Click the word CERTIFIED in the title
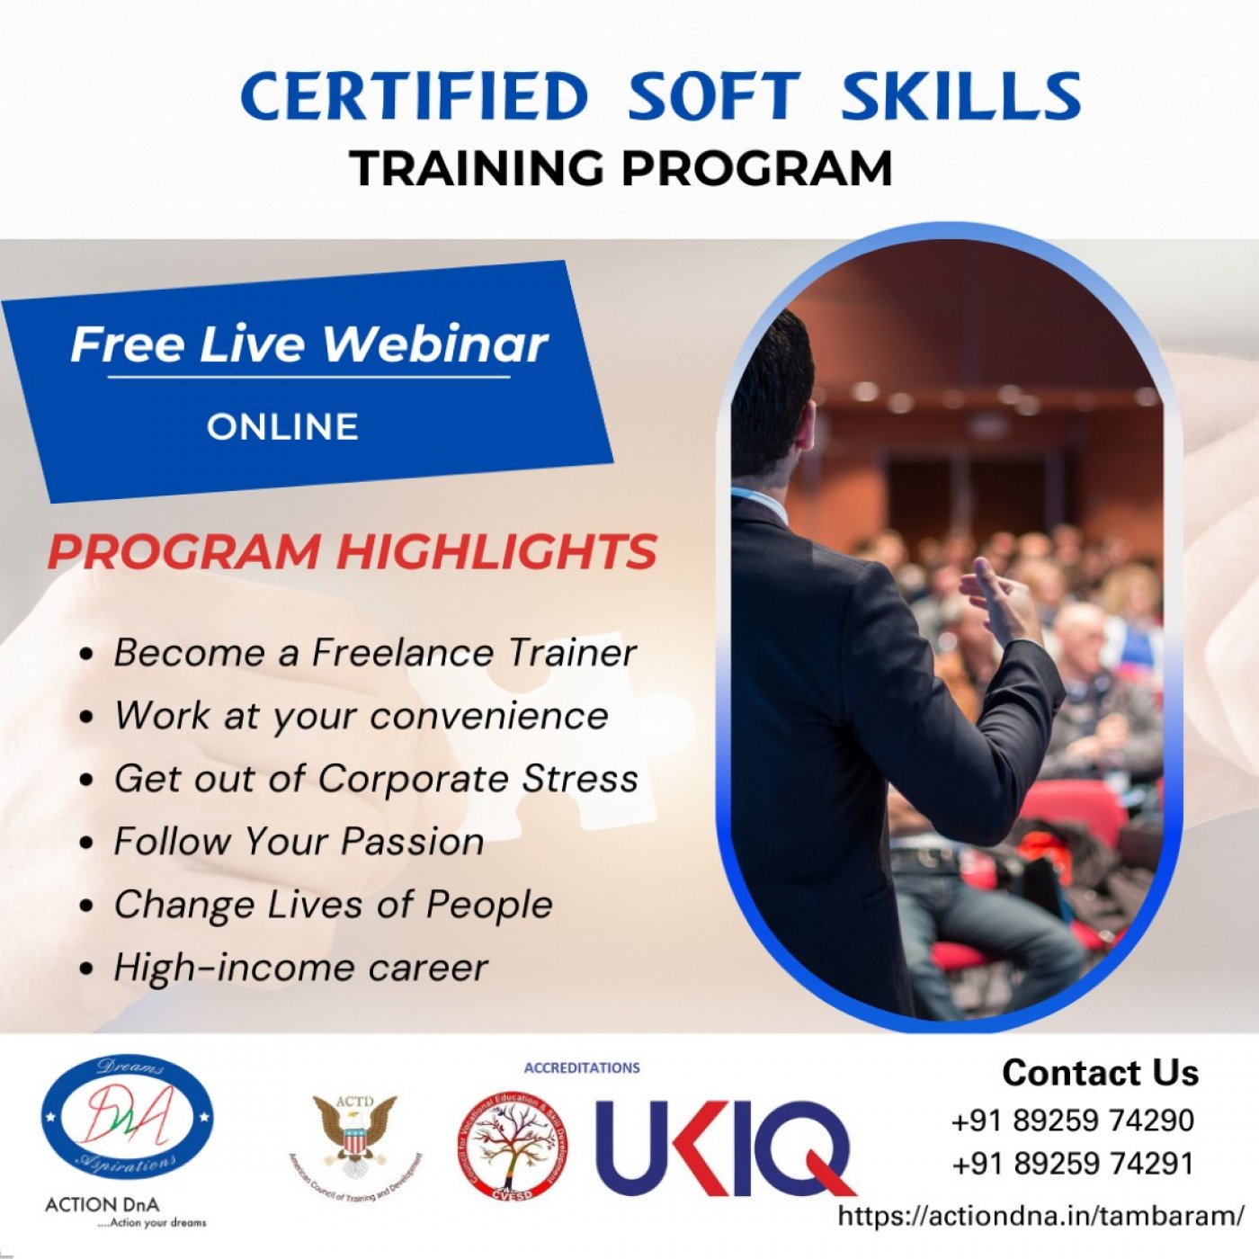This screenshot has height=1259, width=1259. pos(414,96)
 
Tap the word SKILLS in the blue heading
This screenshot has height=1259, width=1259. pos(960,96)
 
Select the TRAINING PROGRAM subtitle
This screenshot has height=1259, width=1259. pos(621,168)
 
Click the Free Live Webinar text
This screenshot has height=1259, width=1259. pos(308,344)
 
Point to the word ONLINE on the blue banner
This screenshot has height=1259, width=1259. pos(282,426)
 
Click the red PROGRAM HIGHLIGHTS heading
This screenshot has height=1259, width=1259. pos(352,551)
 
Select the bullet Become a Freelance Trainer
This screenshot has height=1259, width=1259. pos(374,653)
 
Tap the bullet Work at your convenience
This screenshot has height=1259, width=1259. pos(361,716)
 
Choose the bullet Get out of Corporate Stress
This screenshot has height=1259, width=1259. pos(375,779)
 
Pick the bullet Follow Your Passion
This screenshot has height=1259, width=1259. pos(299,842)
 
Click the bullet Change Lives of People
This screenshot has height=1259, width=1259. pos(333,905)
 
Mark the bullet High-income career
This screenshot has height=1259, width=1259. pos(300,968)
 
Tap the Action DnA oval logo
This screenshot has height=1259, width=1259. pos(127,1118)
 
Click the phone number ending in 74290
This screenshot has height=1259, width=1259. pos(1072,1121)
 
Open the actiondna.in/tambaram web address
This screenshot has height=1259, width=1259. pos(1040,1216)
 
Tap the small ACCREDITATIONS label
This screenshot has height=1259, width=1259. pos(582,1067)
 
